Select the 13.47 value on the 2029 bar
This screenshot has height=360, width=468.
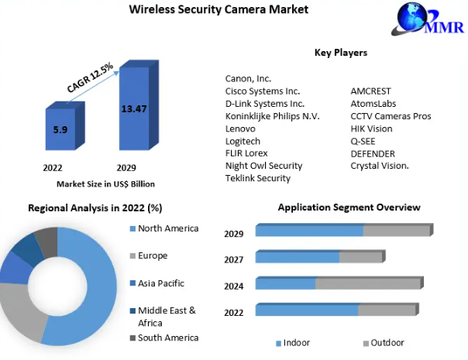(x=133, y=108)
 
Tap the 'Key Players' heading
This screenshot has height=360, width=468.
(x=340, y=53)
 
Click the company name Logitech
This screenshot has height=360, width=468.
(x=243, y=141)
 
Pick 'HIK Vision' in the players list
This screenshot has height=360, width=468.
(x=371, y=129)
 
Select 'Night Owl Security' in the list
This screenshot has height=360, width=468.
(x=263, y=166)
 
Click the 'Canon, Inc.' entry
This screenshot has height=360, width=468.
(x=248, y=79)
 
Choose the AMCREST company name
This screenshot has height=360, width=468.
(x=370, y=91)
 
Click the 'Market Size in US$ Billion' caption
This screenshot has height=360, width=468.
(x=105, y=184)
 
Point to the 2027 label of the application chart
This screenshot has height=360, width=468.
(x=234, y=259)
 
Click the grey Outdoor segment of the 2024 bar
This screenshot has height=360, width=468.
(x=367, y=283)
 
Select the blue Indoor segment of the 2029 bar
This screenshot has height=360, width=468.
(x=309, y=231)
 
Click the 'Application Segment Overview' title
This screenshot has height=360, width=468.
(x=349, y=207)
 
